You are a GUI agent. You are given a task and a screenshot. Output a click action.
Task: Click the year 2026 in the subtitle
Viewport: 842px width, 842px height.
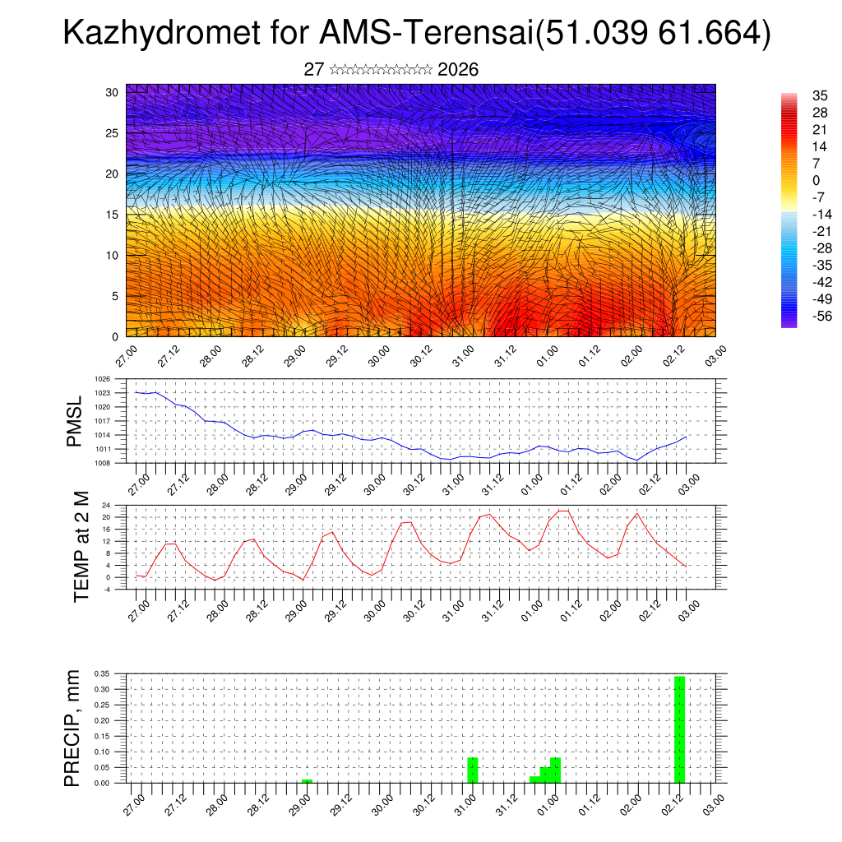[x=458, y=70]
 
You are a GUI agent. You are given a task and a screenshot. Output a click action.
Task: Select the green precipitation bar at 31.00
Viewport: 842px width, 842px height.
[x=473, y=770]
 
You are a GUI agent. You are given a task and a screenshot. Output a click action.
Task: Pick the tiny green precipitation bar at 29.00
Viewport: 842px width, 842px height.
[x=307, y=781]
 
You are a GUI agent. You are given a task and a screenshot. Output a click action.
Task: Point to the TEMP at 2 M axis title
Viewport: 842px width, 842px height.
[x=81, y=546]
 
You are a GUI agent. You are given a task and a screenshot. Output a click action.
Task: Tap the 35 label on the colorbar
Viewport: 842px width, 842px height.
[x=819, y=95]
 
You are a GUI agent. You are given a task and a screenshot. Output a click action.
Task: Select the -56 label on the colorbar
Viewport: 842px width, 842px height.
[x=819, y=316]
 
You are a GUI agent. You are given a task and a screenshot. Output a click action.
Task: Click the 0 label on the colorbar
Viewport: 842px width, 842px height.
[x=816, y=180]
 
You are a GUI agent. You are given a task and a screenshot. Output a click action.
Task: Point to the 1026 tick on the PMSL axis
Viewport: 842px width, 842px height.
[x=103, y=379]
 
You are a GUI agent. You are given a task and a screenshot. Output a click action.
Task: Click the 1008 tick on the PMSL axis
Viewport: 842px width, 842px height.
[x=103, y=463]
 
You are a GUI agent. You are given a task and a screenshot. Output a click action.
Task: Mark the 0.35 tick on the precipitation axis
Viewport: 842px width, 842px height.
[x=101, y=673]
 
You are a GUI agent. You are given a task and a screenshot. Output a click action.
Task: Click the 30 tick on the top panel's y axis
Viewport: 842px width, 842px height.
[x=113, y=92]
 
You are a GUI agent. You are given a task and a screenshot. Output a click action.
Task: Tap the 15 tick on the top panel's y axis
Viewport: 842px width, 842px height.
[x=113, y=215]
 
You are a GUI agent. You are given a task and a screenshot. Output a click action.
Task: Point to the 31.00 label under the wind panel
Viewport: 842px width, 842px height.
[x=463, y=358]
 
